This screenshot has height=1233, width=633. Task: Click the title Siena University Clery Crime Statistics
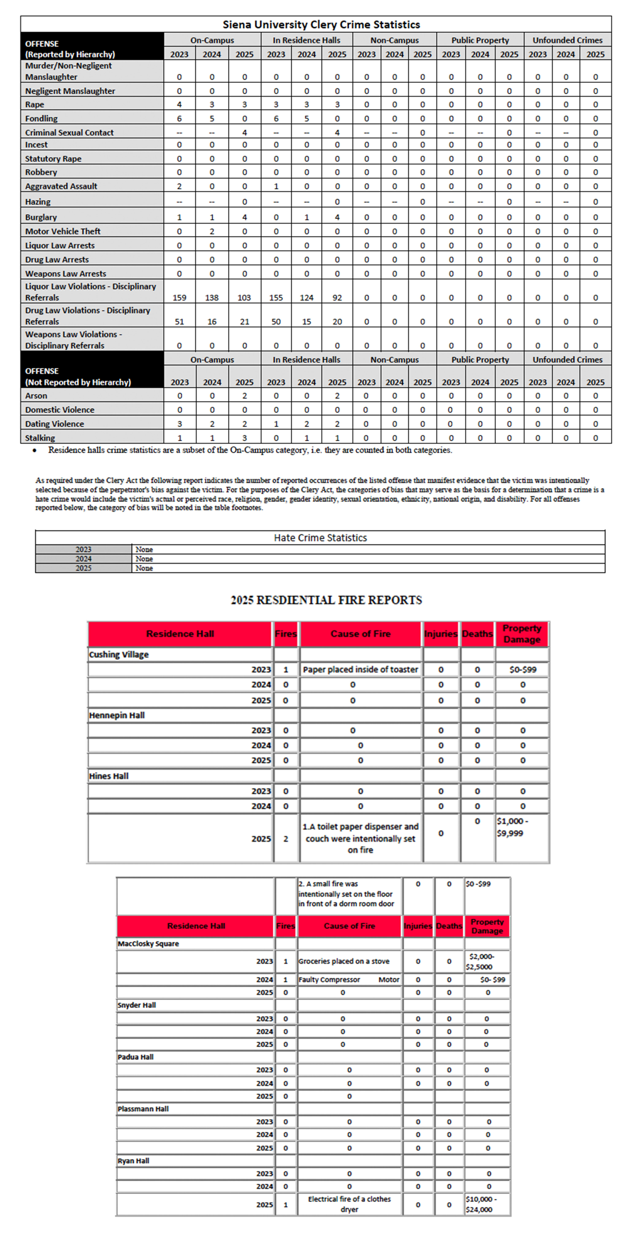coord(321,24)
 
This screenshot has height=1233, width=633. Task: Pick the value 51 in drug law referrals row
coord(179,322)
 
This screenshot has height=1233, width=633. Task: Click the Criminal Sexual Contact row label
coord(69,133)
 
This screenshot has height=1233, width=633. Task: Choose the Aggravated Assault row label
coord(61,186)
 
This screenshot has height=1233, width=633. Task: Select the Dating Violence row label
coord(55,424)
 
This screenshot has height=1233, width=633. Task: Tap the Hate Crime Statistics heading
coord(320,538)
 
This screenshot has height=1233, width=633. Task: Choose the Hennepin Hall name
coord(117,715)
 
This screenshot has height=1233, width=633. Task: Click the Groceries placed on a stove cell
coord(344,961)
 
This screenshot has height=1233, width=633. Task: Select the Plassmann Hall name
coord(143,1108)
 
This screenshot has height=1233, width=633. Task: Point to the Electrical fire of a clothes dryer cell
coord(349,1204)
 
